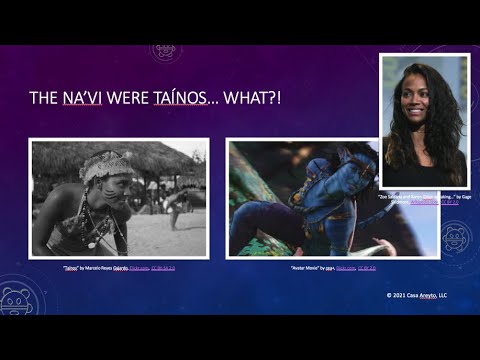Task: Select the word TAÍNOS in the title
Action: [180, 98]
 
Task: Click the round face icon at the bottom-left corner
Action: [18, 300]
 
